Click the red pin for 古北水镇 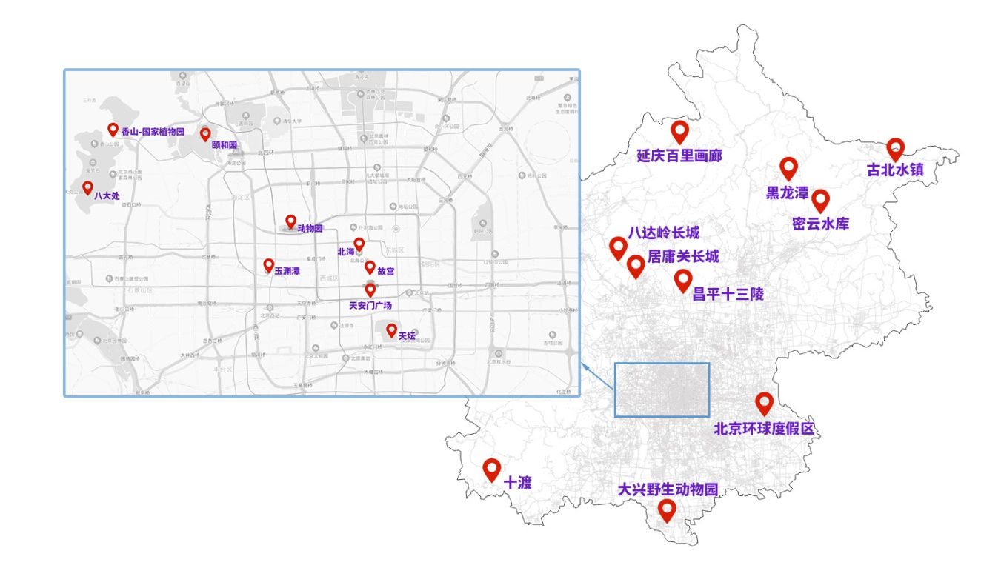895,149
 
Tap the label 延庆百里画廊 679,156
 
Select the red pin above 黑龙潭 788,168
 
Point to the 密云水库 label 820,224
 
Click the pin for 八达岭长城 618,247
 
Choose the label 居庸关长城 683,257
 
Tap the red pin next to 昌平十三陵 683,280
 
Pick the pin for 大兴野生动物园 667,510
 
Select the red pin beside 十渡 491,469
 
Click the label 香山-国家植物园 152,132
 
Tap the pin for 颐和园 205,134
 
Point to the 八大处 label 107,196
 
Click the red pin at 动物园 290,221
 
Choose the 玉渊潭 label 287,272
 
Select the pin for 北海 359,244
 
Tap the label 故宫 386,272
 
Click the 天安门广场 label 370,305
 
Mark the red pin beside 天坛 391,330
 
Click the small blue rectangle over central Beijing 662,390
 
